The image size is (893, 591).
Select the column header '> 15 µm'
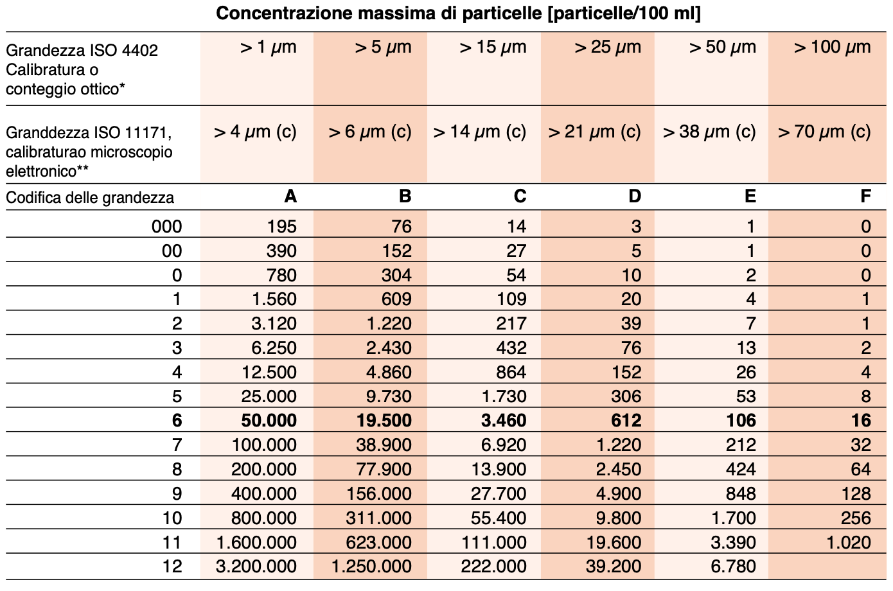click(493, 47)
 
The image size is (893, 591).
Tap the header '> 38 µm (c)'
click(709, 132)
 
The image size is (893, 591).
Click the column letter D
click(634, 197)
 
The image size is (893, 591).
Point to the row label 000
click(166, 226)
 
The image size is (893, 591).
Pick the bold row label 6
click(177, 421)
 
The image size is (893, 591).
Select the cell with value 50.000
click(269, 421)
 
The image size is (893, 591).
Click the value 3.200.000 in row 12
click(256, 567)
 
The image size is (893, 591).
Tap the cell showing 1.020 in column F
click(848, 542)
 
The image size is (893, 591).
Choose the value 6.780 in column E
click(733, 567)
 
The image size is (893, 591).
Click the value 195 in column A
click(281, 226)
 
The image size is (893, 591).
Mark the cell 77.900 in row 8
click(384, 470)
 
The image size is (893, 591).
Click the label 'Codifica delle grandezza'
click(90, 197)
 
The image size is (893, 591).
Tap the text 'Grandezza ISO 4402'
click(82, 50)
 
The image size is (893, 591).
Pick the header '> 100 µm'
click(832, 47)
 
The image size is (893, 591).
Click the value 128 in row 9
click(855, 494)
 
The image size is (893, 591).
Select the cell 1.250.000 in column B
click(371, 567)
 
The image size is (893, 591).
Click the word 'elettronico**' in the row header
click(47, 172)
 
